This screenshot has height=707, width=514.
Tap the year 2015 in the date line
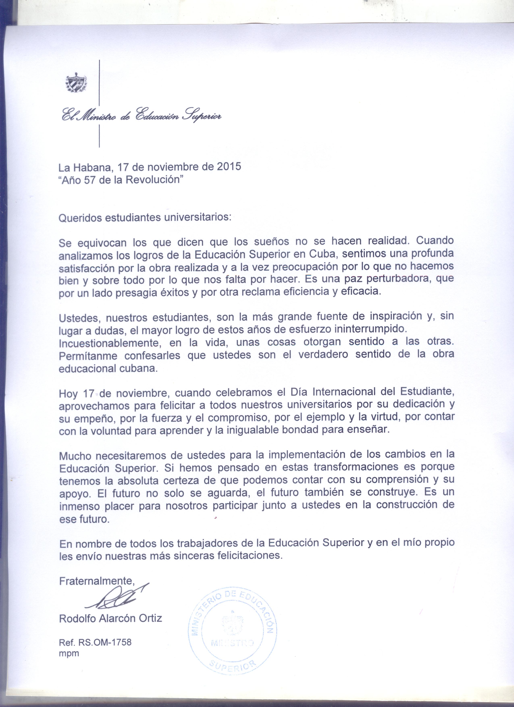coord(229,166)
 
